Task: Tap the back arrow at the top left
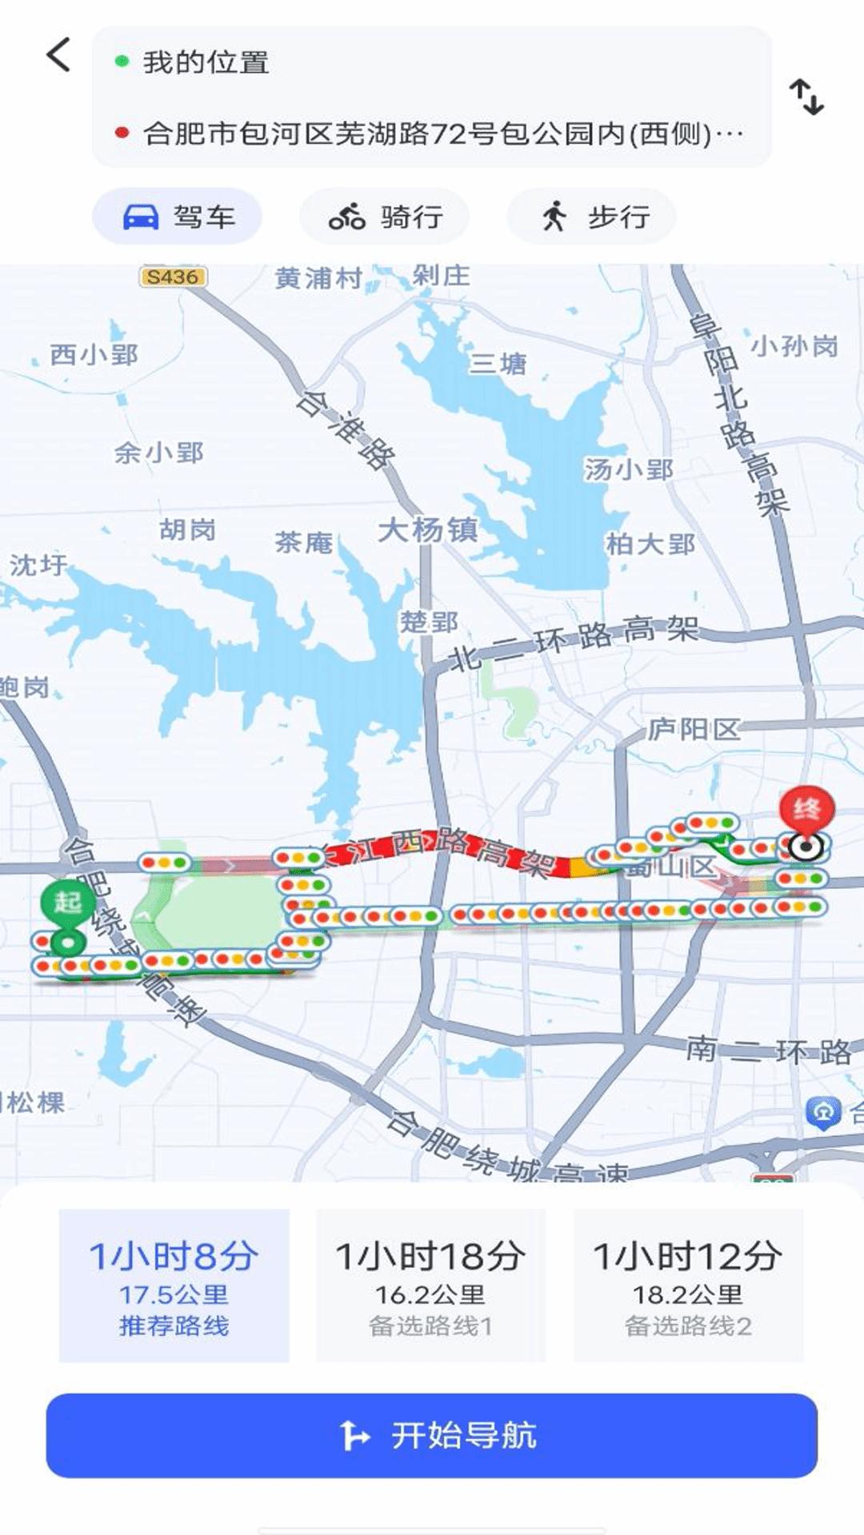point(58,55)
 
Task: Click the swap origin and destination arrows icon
point(806,97)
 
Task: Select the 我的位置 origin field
point(206,62)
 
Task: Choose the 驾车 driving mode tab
point(178,217)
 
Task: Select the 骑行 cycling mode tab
point(385,217)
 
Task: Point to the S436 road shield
point(173,277)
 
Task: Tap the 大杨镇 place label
point(428,529)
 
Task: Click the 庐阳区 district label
point(694,729)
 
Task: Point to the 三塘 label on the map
point(498,365)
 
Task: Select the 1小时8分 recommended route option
point(174,1286)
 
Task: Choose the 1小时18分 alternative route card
point(430,1286)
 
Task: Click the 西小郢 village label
point(94,354)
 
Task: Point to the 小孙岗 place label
point(794,346)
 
